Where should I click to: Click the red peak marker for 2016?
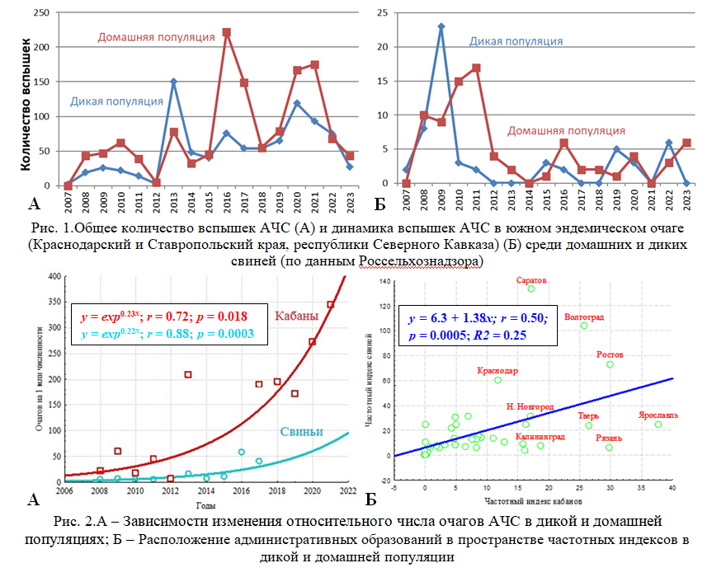[x=227, y=32]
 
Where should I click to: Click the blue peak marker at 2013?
[x=174, y=82]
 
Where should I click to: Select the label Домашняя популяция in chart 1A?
[x=156, y=37]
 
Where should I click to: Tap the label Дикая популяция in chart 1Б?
[x=516, y=40]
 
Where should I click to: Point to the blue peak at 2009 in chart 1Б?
[x=441, y=26]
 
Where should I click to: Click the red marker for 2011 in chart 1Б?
[x=477, y=68]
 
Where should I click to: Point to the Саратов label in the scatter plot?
[x=531, y=280]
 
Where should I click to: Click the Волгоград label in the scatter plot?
[x=584, y=317]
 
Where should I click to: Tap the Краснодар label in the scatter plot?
[x=497, y=371]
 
